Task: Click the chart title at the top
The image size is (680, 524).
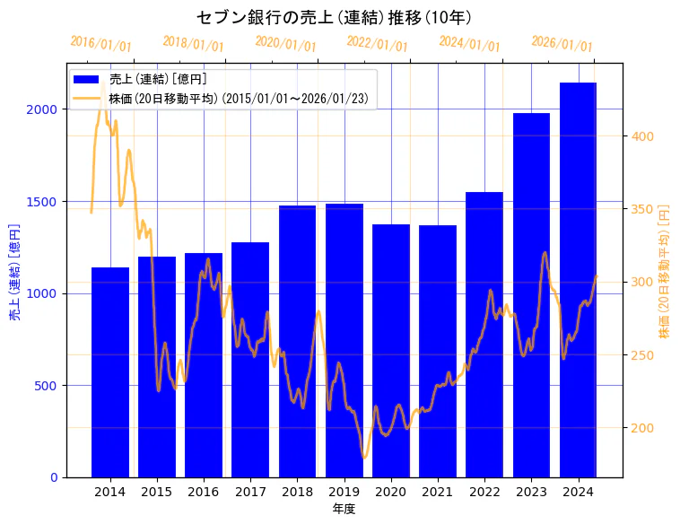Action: pos(335,17)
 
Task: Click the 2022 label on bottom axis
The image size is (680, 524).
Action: pos(484,492)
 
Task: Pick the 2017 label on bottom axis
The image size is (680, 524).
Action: pos(250,492)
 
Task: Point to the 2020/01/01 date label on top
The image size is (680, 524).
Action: pos(285,43)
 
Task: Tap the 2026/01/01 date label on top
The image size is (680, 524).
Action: pos(562,43)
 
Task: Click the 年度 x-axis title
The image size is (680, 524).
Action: pos(344,509)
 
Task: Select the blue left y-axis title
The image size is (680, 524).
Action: pos(14,272)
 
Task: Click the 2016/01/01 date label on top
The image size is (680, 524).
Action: pos(100,43)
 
